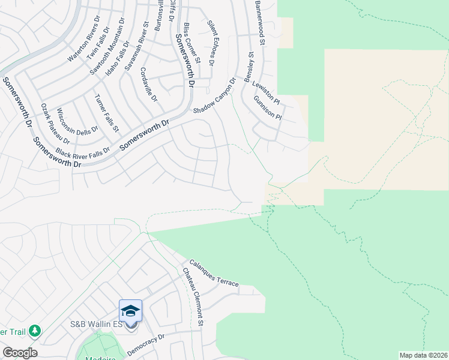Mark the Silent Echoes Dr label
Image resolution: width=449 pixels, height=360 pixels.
click(211, 43)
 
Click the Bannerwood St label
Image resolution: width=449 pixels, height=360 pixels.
click(260, 23)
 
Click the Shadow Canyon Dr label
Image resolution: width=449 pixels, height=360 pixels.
click(214, 95)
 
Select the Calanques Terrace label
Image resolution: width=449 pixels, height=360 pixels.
click(214, 272)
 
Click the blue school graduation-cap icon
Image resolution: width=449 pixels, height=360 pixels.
click(130, 311)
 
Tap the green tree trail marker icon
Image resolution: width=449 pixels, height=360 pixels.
click(35, 331)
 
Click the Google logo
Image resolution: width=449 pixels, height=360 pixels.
click(20, 353)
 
